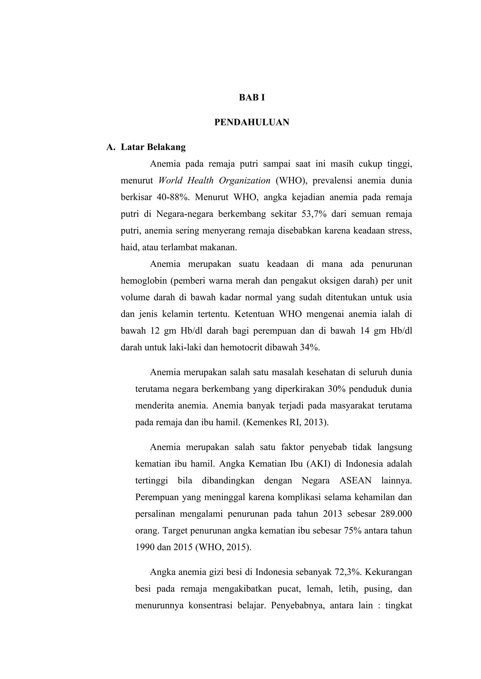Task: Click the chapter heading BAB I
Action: point(252,97)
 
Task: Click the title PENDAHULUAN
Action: point(252,122)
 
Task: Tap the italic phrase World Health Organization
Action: point(214,180)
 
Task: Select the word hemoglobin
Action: point(144,280)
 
